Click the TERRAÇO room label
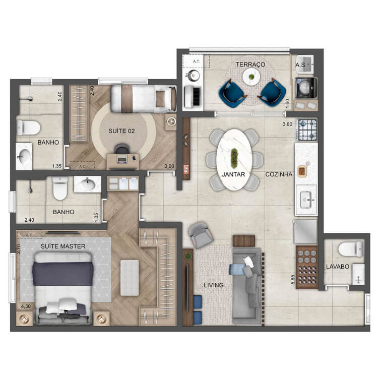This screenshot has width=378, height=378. (x=250, y=65)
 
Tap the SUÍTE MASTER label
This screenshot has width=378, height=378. (x=63, y=246)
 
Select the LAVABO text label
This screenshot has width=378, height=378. (x=338, y=267)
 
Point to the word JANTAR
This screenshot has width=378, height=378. (x=233, y=174)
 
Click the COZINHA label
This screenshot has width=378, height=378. (x=279, y=174)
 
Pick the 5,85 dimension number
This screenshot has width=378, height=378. (x=293, y=280)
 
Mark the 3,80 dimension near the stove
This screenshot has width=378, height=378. (x=287, y=124)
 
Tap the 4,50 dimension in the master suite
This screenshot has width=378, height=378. (x=26, y=306)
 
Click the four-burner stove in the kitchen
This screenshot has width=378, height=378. (x=307, y=130)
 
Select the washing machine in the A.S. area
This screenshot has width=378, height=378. (x=306, y=88)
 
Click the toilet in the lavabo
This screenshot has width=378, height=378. (x=350, y=249)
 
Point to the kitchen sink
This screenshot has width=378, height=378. (x=306, y=200)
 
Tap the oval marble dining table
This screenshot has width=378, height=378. (x=234, y=159)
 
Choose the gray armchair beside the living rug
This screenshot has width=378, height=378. (x=200, y=235)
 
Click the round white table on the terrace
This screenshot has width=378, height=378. (x=251, y=77)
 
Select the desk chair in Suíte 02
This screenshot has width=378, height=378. (x=122, y=149)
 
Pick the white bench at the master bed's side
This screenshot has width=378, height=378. (x=130, y=278)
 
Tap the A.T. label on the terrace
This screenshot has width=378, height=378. (x=196, y=61)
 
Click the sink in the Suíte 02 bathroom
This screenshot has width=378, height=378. (x=24, y=156)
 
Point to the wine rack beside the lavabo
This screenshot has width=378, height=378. (x=307, y=267)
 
